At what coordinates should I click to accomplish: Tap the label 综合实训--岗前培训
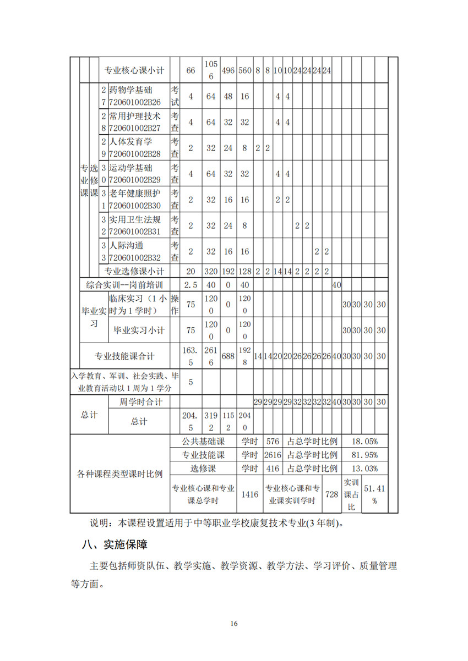click(124, 285)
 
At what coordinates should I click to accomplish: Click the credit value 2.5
click(191, 285)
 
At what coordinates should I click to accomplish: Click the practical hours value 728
click(331, 494)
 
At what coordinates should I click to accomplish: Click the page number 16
click(234, 624)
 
